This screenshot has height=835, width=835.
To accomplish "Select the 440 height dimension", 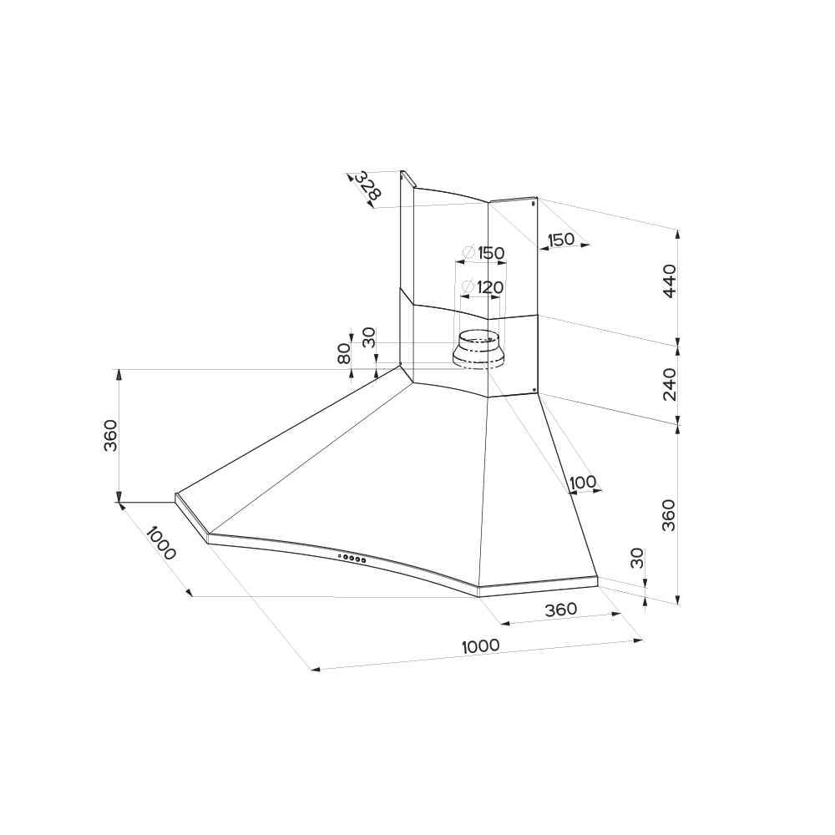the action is click(670, 281).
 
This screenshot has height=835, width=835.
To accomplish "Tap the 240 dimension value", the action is click(670, 384).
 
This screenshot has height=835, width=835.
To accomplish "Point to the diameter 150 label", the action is click(483, 252).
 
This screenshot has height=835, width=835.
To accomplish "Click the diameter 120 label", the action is click(483, 287).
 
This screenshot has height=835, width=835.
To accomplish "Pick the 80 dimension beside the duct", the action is click(344, 353).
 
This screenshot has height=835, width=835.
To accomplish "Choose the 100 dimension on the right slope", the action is click(583, 483).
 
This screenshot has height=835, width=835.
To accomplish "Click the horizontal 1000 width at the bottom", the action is click(480, 646).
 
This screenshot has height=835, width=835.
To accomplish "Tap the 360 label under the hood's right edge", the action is click(561, 610).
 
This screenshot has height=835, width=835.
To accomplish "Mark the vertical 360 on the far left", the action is click(110, 436).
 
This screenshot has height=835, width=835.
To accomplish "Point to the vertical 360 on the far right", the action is click(669, 515).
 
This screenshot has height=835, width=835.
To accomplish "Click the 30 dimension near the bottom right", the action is click(637, 558).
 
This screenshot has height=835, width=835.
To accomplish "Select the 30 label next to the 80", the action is click(368, 337).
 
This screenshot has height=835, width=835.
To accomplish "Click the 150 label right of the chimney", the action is click(561, 240).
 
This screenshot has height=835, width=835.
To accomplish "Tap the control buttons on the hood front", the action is click(352, 558).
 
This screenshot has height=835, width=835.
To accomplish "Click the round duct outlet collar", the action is click(478, 351).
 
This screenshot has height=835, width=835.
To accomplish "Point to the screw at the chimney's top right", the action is click(534, 202).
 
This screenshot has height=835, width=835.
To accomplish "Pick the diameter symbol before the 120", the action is click(468, 287).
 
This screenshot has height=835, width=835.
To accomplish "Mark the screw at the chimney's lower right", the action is click(534, 390).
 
